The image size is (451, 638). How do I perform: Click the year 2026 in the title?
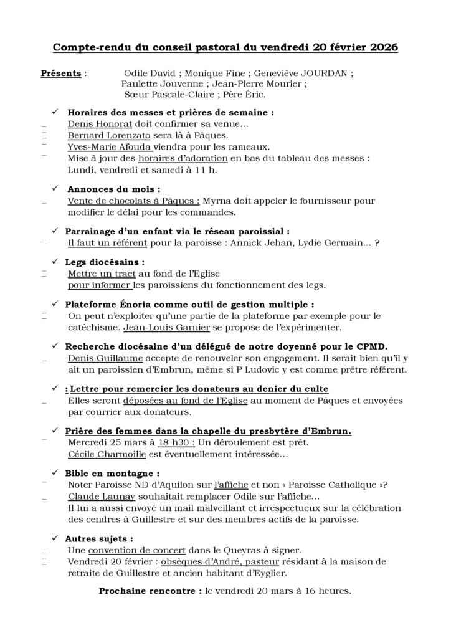(x=381, y=47)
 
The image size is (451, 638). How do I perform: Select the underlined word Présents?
(x=61, y=74)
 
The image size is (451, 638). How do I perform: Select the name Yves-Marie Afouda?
(x=109, y=147)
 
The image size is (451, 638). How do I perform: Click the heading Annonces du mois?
(x=113, y=189)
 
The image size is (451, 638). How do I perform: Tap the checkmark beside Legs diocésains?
(x=55, y=262)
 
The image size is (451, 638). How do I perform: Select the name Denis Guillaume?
(x=105, y=358)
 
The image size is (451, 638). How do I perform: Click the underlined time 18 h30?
(x=176, y=442)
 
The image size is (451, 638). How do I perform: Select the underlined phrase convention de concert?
(x=137, y=550)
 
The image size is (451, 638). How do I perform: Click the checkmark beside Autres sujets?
(x=55, y=538)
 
